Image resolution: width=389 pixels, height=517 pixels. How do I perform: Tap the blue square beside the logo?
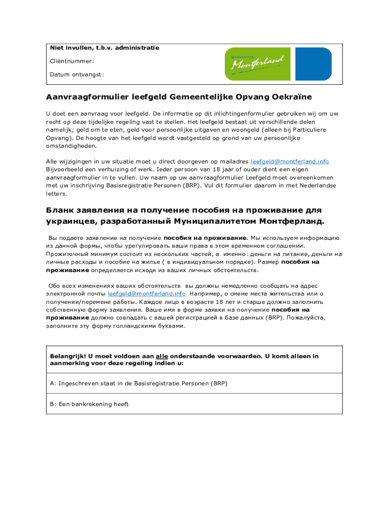tap(313, 64)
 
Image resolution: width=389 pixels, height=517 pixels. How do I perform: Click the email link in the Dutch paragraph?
tap(290, 162)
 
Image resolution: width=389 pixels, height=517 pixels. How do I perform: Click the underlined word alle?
tap(162, 356)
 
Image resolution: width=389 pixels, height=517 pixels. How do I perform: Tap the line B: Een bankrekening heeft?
tap(89, 404)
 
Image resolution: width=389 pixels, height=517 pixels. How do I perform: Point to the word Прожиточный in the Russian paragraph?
tap(69, 254)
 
